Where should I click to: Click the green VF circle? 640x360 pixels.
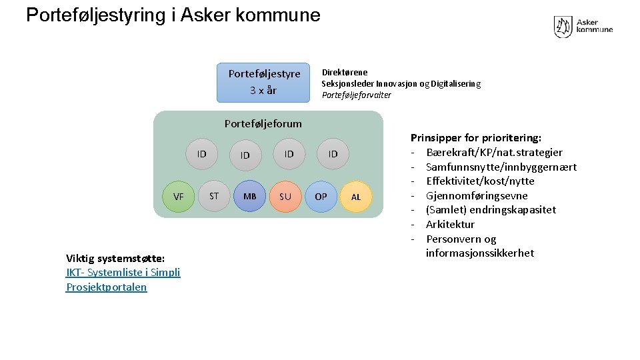(178, 197)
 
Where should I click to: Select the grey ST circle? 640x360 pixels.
(214, 196)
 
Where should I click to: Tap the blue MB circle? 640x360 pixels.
(250, 197)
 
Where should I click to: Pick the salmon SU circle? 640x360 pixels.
(285, 197)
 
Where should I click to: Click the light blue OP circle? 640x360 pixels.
(321, 197)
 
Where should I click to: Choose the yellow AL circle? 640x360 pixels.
(356, 197)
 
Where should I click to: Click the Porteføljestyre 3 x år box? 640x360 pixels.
(264, 82)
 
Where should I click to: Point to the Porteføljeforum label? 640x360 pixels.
(263, 123)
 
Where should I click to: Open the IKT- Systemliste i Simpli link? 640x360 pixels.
(123, 272)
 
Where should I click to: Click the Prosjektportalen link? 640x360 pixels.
(107, 287)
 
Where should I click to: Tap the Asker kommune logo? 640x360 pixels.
(583, 27)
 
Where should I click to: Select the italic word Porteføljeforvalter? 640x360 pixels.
(357, 95)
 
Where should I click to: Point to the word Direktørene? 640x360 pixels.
(345, 72)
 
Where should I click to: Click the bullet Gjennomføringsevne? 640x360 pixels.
(477, 195)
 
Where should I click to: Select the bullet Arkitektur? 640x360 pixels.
(450, 224)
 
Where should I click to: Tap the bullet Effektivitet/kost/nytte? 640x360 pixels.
(480, 181)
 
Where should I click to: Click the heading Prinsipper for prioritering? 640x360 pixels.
(476, 138)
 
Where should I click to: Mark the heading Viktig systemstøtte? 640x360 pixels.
(115, 258)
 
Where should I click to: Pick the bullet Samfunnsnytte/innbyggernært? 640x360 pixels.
(501, 167)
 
